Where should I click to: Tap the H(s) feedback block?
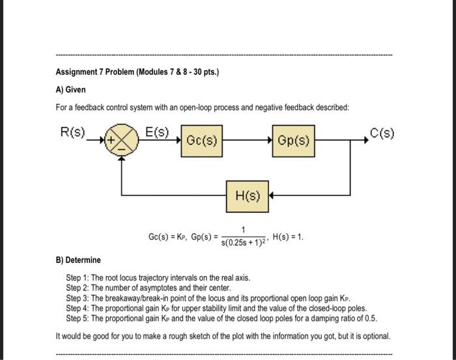click(248, 196)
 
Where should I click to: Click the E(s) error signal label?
click(157, 132)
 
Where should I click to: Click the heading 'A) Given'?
click(70, 89)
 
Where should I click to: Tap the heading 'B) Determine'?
click(78, 260)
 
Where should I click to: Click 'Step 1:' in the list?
click(78, 277)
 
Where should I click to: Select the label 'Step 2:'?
click(78, 286)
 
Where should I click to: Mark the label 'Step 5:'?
click(78, 318)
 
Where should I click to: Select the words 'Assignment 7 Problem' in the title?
click(94, 72)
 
